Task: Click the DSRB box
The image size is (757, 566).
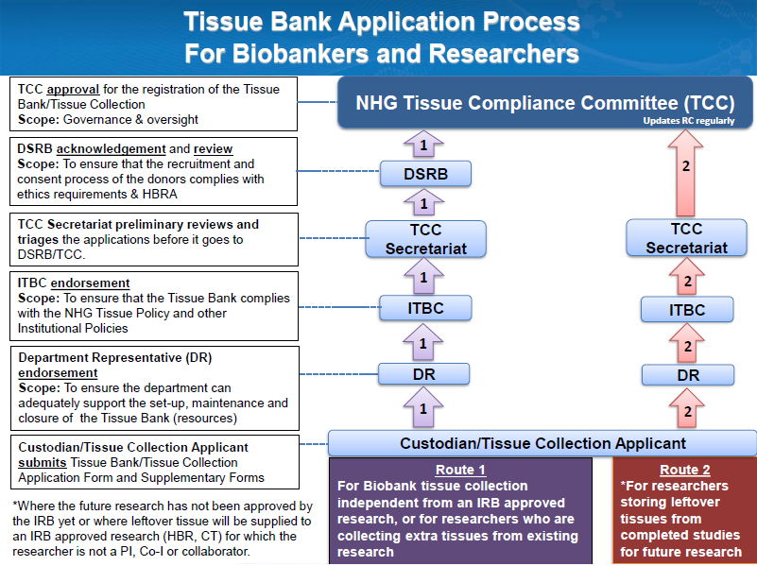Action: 424,174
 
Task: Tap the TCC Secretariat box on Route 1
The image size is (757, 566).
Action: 424,239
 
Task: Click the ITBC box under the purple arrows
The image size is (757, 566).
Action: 424,307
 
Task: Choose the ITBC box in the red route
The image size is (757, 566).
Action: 687,309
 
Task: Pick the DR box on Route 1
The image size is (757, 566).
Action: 424,374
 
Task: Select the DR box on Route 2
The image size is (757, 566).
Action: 687,374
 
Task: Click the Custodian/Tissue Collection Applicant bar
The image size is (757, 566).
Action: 542,442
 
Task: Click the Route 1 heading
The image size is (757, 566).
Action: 461,470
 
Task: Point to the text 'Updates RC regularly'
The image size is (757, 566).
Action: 689,121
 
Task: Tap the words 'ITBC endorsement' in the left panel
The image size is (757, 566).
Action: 74,283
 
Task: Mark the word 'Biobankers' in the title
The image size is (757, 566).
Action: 284,53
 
